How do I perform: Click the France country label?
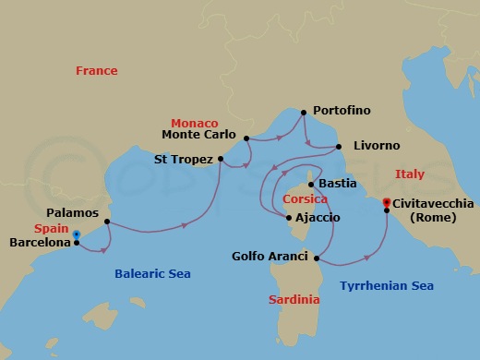pos(98,70)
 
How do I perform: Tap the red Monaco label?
pos(195,123)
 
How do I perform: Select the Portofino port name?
pos(342,111)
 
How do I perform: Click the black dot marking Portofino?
pos(304,112)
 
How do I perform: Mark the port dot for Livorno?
pos(339,147)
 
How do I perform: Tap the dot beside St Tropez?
pos(221,159)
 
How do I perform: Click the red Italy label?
pos(409,174)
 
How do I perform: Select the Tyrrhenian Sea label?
pos(387,286)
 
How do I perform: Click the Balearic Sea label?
pos(152,273)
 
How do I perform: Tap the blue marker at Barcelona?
pos(76,235)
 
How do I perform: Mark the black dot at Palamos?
pos(108,222)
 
